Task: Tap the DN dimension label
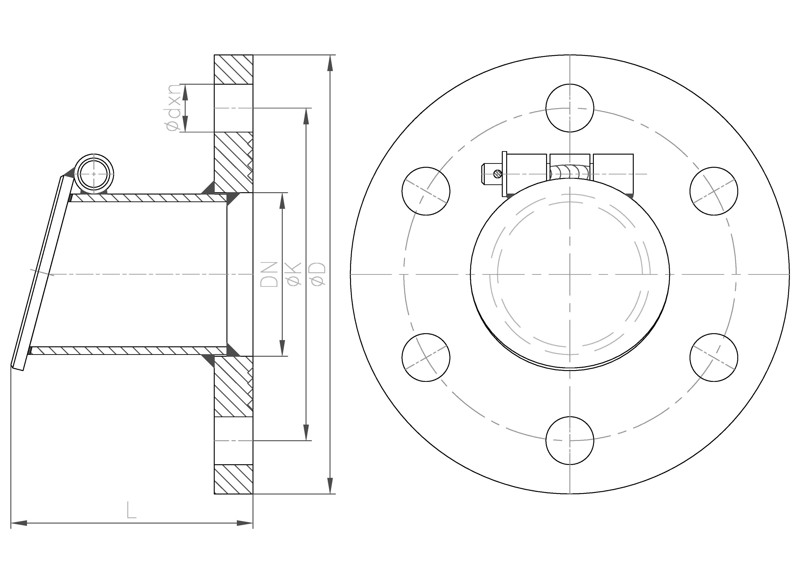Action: coord(269,274)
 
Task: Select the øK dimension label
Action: coord(294,274)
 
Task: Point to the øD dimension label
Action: coord(318,274)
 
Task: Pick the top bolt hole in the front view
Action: coord(570,108)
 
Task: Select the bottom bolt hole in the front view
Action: coord(570,440)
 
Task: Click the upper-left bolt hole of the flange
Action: coord(426,191)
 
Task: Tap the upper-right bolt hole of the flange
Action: coord(714,191)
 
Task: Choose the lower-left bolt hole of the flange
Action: coord(426,357)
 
